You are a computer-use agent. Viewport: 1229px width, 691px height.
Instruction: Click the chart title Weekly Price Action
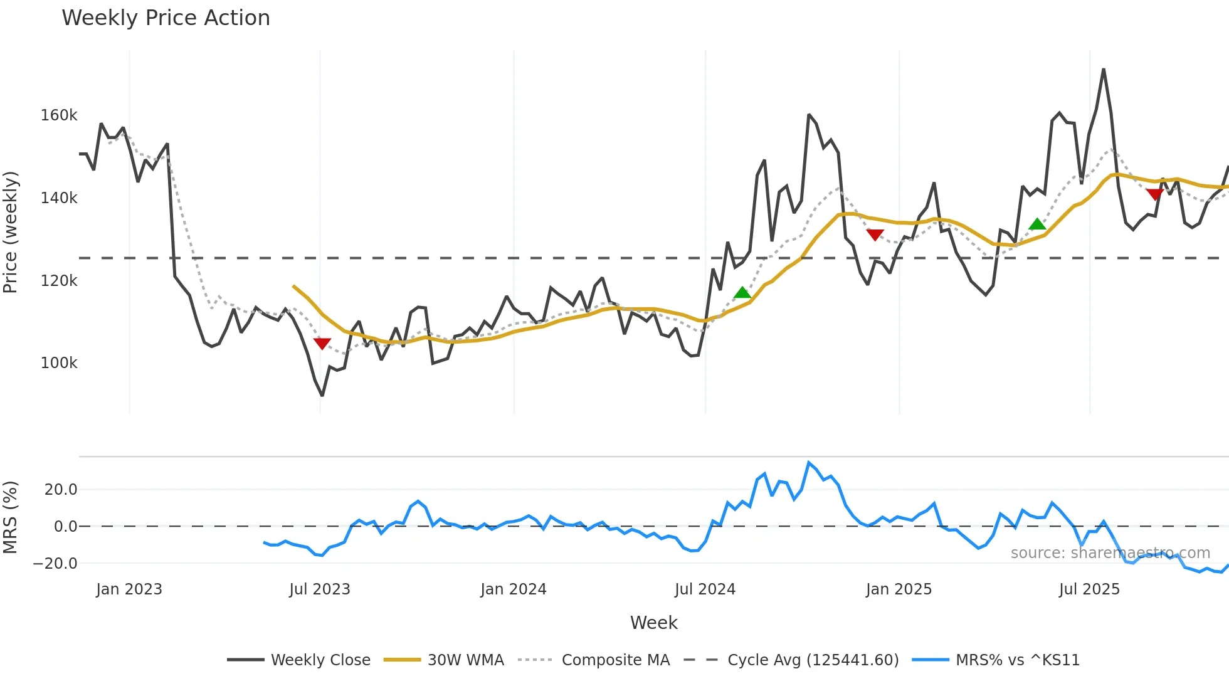pyautogui.click(x=166, y=18)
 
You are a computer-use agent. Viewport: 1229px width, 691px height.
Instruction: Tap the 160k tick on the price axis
pyautogui.click(x=59, y=115)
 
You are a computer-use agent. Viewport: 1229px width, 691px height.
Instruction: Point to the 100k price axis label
pyautogui.click(x=59, y=363)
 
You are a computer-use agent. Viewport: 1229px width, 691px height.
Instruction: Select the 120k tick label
pyautogui.click(x=59, y=281)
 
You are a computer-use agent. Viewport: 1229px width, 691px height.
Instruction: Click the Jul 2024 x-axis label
pyautogui.click(x=705, y=589)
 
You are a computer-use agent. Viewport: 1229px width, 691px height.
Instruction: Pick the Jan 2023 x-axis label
pyautogui.click(x=129, y=589)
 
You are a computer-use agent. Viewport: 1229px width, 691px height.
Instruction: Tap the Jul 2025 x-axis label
pyautogui.click(x=1089, y=589)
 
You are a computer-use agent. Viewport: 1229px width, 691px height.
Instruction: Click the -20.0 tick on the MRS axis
pyautogui.click(x=55, y=564)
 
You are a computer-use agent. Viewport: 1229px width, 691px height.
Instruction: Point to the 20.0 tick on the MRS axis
pyautogui.click(x=61, y=490)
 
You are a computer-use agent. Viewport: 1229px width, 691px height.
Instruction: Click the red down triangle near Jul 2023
pyautogui.click(x=322, y=344)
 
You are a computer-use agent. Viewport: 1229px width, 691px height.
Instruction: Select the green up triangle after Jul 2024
pyautogui.click(x=742, y=293)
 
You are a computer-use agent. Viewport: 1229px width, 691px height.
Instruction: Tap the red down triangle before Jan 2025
pyautogui.click(x=875, y=235)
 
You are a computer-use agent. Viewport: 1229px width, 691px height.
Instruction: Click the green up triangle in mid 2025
pyautogui.click(x=1037, y=224)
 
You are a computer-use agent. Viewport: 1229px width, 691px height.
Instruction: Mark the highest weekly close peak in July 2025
pyautogui.click(x=1104, y=70)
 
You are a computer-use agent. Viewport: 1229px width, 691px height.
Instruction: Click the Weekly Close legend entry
pyautogui.click(x=299, y=660)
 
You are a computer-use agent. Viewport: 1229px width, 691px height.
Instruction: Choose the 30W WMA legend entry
pyautogui.click(x=444, y=660)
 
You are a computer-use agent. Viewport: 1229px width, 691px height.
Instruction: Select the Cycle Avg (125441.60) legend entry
pyautogui.click(x=791, y=660)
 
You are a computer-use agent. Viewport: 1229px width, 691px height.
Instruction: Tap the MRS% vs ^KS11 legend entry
pyautogui.click(x=996, y=660)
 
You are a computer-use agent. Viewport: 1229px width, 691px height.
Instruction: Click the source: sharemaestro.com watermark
pyautogui.click(x=1110, y=553)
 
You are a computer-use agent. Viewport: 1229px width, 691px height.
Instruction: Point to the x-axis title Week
pyautogui.click(x=653, y=623)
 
